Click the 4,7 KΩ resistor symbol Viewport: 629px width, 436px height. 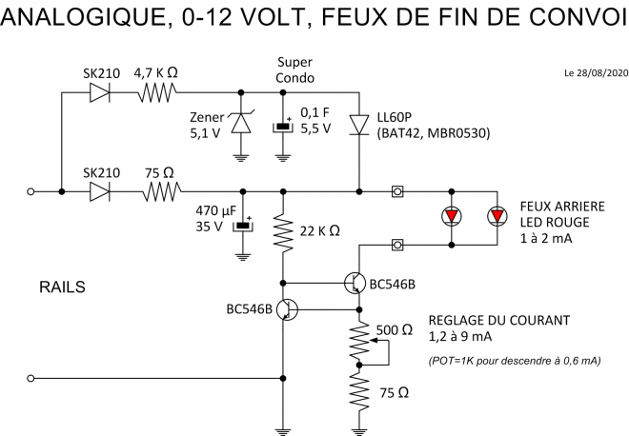tap(157, 92)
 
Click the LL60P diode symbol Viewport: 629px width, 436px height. tap(358, 125)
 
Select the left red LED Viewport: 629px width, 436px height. tap(451, 217)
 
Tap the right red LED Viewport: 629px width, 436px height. tap(497, 217)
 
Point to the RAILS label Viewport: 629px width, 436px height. tap(64, 286)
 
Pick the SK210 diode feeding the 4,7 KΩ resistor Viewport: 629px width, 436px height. tap(97, 92)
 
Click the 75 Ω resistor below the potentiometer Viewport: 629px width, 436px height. tap(359, 390)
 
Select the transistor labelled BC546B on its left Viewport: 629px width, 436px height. tap(289, 309)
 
